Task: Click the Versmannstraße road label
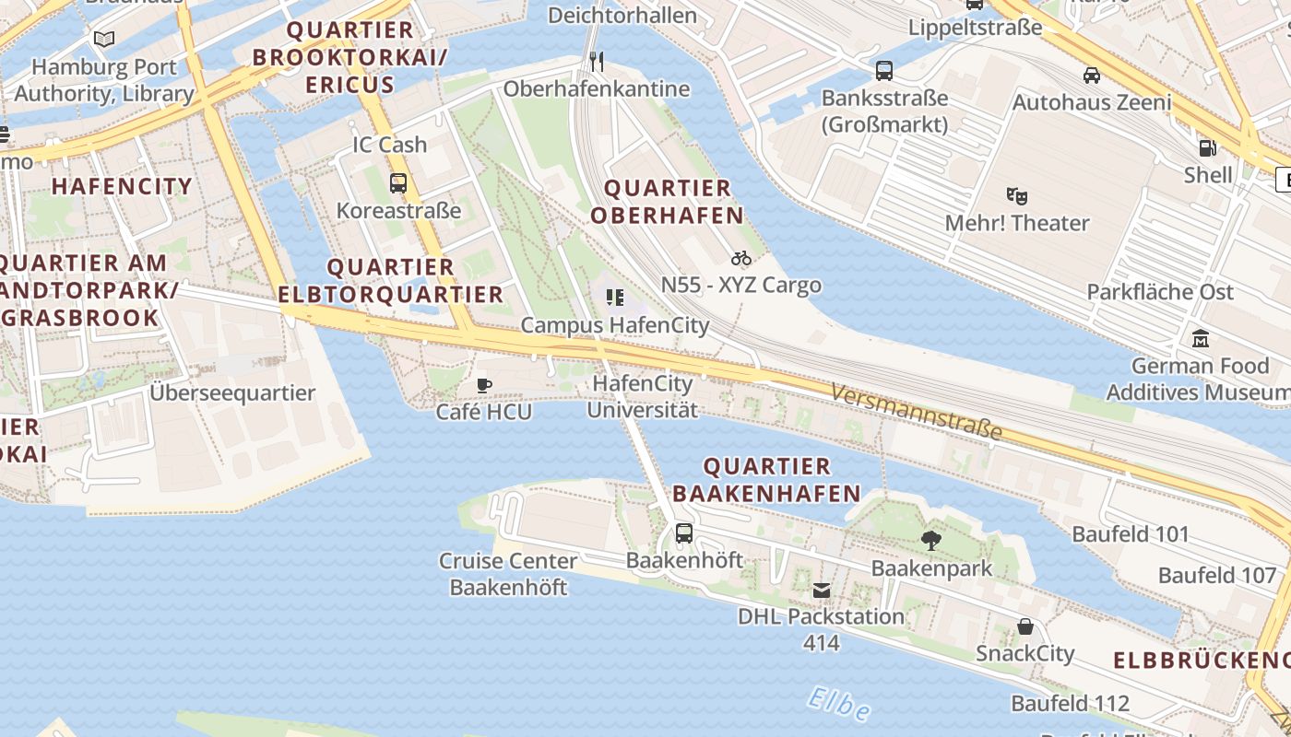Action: point(916,412)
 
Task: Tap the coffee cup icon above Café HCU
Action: point(484,385)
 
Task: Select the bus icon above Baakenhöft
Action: point(684,532)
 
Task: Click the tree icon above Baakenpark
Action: point(931,541)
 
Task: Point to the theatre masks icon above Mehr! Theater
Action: point(1017,195)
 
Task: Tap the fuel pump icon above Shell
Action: point(1206,147)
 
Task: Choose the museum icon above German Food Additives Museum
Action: point(1201,338)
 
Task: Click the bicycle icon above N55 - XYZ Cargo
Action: point(741,258)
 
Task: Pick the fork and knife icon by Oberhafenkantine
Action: point(597,62)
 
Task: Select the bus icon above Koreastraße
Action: point(398,182)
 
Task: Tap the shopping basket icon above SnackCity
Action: point(1025,626)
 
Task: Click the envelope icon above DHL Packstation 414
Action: point(822,590)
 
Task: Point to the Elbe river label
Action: point(839,705)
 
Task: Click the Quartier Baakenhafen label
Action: point(767,480)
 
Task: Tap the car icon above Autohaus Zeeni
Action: point(1092,75)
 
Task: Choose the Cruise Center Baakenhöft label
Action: point(508,574)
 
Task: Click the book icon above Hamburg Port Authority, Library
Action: point(104,40)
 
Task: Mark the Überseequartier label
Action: point(232,392)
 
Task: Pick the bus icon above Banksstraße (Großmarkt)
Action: point(884,70)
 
